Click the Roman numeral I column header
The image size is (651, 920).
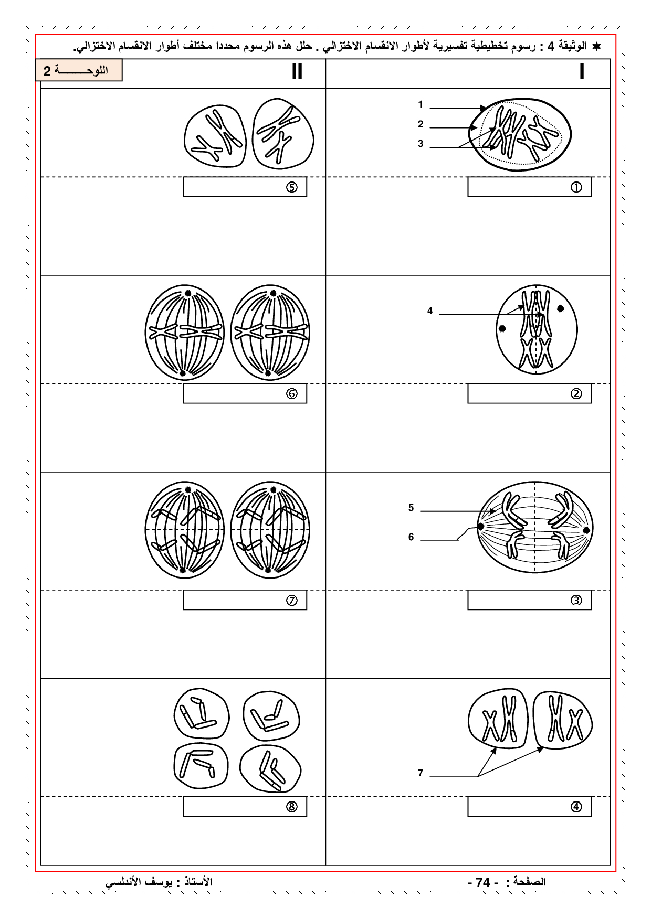coord(582,71)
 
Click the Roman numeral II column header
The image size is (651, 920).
coord(297,71)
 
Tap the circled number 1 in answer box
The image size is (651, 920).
coord(576,187)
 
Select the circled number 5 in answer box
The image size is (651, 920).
coord(292,187)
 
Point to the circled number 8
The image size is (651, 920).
coord(292,807)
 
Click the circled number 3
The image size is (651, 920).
coord(576,600)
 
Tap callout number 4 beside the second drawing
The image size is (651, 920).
coord(430,311)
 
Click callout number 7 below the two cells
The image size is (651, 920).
coord(421,773)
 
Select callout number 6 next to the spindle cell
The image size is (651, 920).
coord(411,537)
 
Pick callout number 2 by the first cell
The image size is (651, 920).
coord(421,124)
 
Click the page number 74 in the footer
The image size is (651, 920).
coord(483,882)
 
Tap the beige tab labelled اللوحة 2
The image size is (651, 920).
coord(79,71)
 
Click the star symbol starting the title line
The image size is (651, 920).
coord(596,47)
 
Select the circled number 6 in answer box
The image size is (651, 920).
coord(292,393)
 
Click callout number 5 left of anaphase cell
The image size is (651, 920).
coord(411,508)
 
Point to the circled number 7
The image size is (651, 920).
coord(292,600)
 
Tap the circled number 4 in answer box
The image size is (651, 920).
coord(576,807)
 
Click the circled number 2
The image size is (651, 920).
coord(576,393)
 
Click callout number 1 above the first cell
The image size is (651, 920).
coord(421,105)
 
